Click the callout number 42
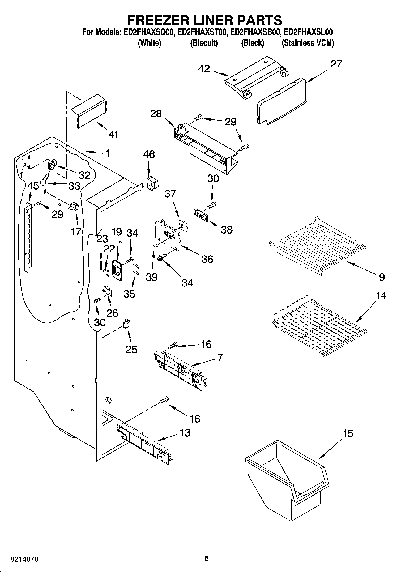click(205, 68)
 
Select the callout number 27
click(336, 64)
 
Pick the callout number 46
click(149, 154)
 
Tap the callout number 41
click(114, 135)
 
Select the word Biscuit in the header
click(204, 43)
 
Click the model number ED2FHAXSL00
click(308, 32)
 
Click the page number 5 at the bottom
click(207, 558)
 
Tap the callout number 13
click(185, 432)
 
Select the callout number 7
click(220, 358)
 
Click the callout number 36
click(207, 259)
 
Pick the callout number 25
click(131, 350)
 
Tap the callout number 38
click(227, 230)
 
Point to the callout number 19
click(117, 232)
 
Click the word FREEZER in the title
click(157, 20)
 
